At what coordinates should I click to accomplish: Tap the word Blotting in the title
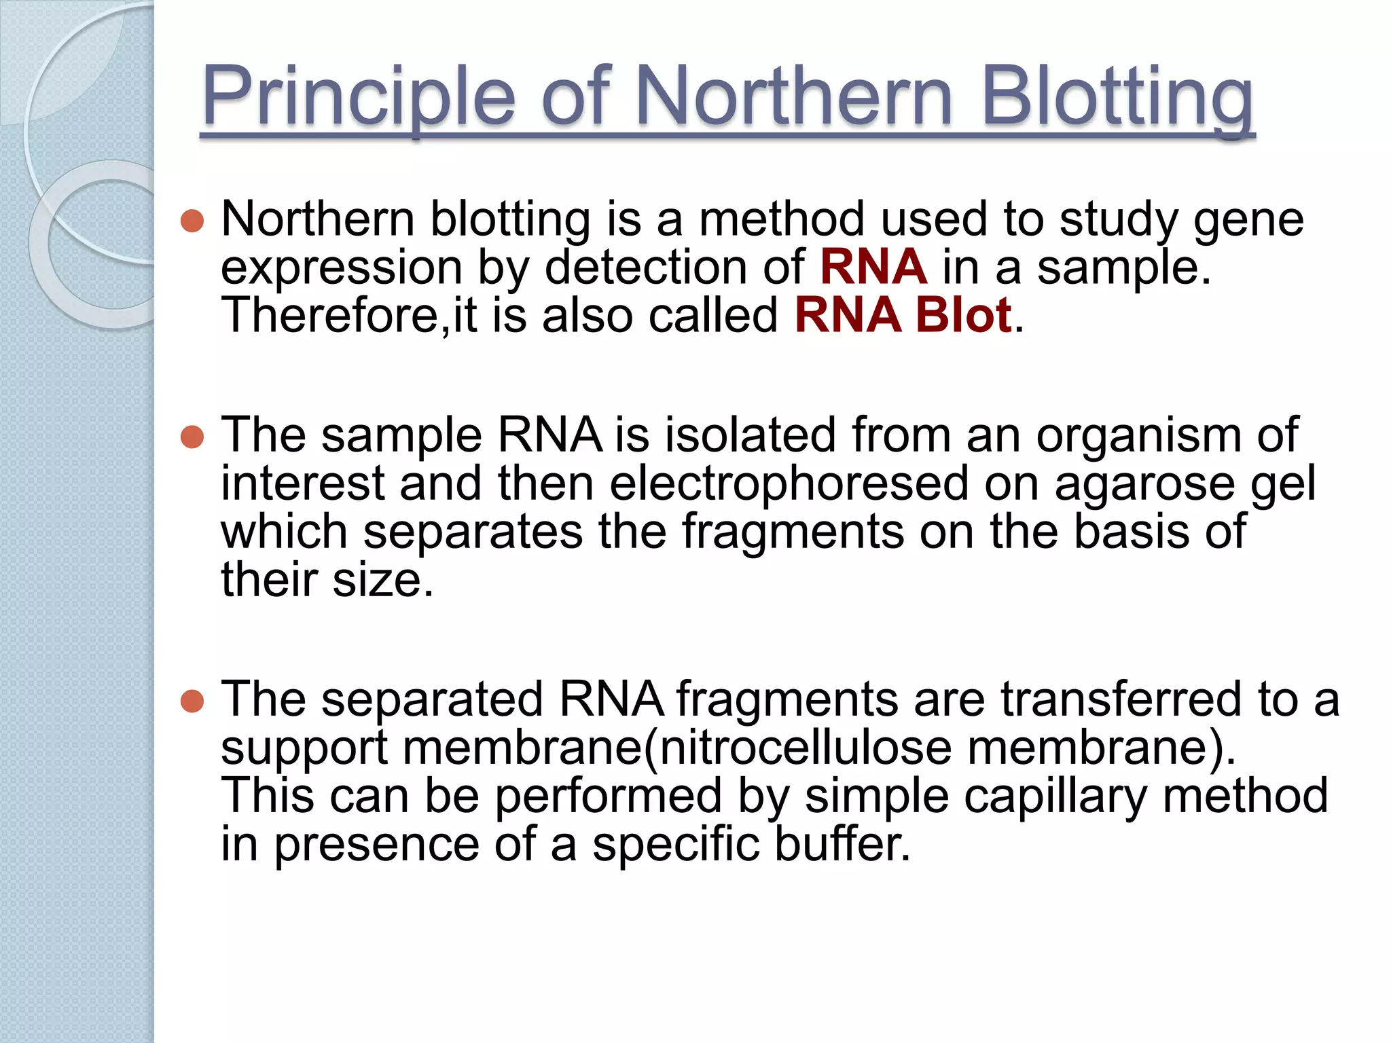pos(1117,96)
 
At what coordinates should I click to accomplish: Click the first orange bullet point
pos(193,221)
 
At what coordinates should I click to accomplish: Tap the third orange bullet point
pos(193,701)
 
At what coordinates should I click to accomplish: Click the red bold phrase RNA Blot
pos(903,315)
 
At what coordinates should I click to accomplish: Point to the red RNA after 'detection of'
pos(873,267)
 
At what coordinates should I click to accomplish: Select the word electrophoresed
pos(789,483)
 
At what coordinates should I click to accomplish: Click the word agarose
pos(1144,485)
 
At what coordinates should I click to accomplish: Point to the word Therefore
pos(331,315)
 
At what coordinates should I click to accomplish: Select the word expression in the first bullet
pos(342,268)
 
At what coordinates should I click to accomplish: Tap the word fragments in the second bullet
pos(793,532)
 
